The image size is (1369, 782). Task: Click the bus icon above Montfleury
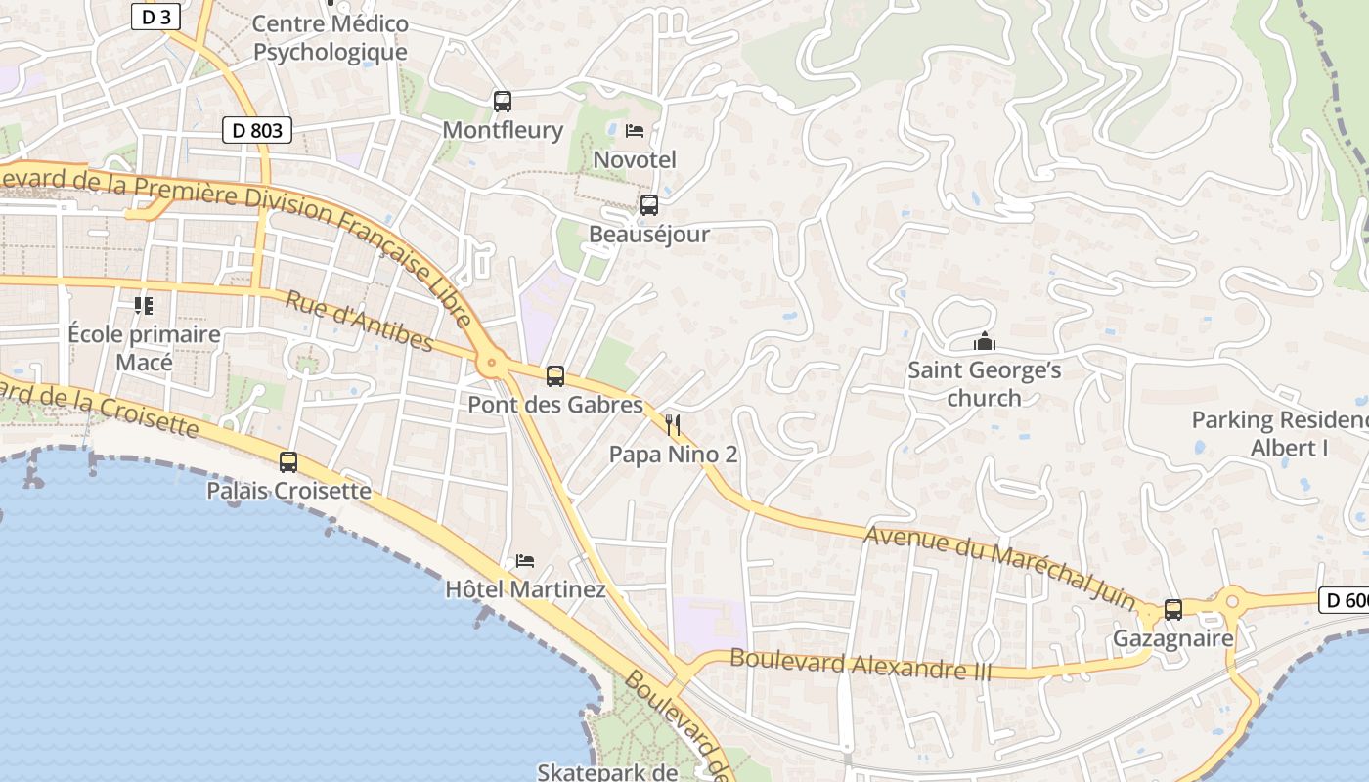(x=503, y=101)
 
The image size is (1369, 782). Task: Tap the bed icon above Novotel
(x=635, y=130)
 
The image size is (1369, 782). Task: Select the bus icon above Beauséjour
(x=648, y=205)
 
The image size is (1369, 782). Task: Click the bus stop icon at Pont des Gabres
(x=555, y=375)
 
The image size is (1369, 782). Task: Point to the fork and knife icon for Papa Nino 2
(x=672, y=424)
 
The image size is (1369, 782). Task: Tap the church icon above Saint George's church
(x=984, y=341)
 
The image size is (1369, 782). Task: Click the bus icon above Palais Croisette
(x=288, y=461)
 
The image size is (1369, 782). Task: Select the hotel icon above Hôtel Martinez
(x=525, y=561)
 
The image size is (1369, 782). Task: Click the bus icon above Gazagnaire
(x=1173, y=610)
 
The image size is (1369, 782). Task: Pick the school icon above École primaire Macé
(x=144, y=306)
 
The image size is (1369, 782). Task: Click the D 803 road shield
(x=257, y=130)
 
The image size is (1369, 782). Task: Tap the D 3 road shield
(x=156, y=17)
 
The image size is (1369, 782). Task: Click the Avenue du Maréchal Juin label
(x=999, y=568)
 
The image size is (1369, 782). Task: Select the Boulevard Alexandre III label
(x=861, y=664)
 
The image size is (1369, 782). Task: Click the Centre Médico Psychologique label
(x=330, y=37)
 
